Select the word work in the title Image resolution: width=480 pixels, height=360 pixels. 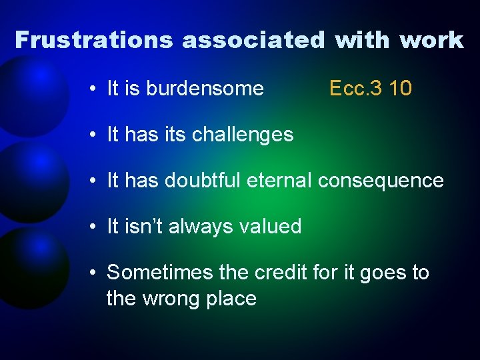click(x=432, y=40)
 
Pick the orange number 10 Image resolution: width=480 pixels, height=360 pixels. click(x=399, y=89)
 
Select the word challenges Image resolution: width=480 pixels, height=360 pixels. click(x=243, y=135)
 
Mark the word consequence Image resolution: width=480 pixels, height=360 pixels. click(x=381, y=181)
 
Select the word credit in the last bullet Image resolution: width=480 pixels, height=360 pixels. click(x=277, y=273)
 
